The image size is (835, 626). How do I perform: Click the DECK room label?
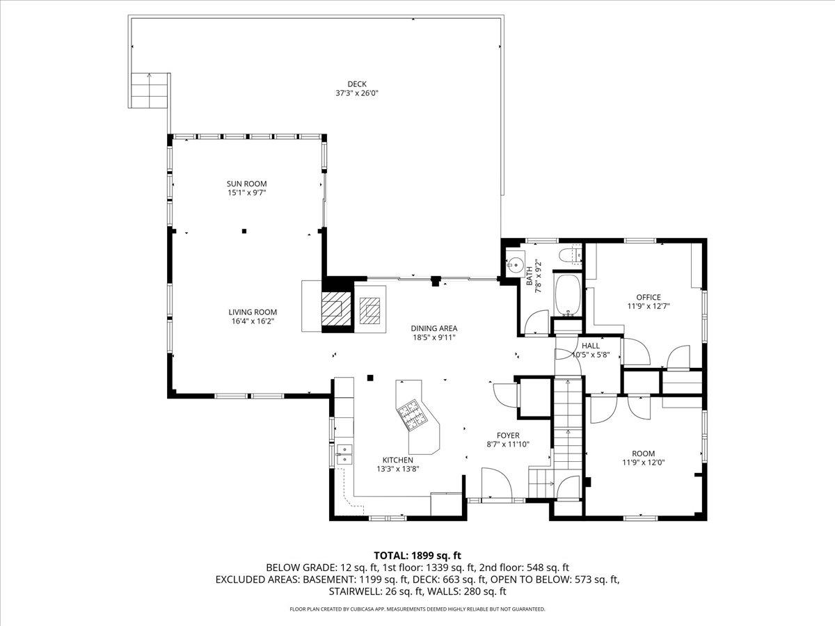coord(357,84)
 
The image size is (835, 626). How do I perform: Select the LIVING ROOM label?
coord(253,312)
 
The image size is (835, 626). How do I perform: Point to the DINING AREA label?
coord(434,328)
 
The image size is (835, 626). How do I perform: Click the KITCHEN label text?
coord(397,460)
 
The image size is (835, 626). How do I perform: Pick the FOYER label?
coord(508,435)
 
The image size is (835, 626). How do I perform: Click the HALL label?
coord(591,345)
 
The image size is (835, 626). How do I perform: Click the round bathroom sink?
coord(514,264)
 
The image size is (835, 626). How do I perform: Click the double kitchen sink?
coord(344,454)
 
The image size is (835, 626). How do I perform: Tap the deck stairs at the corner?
coord(148,90)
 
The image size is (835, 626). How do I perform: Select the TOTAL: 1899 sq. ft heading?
coord(417,555)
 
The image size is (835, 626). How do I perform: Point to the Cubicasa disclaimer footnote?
coord(417,609)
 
